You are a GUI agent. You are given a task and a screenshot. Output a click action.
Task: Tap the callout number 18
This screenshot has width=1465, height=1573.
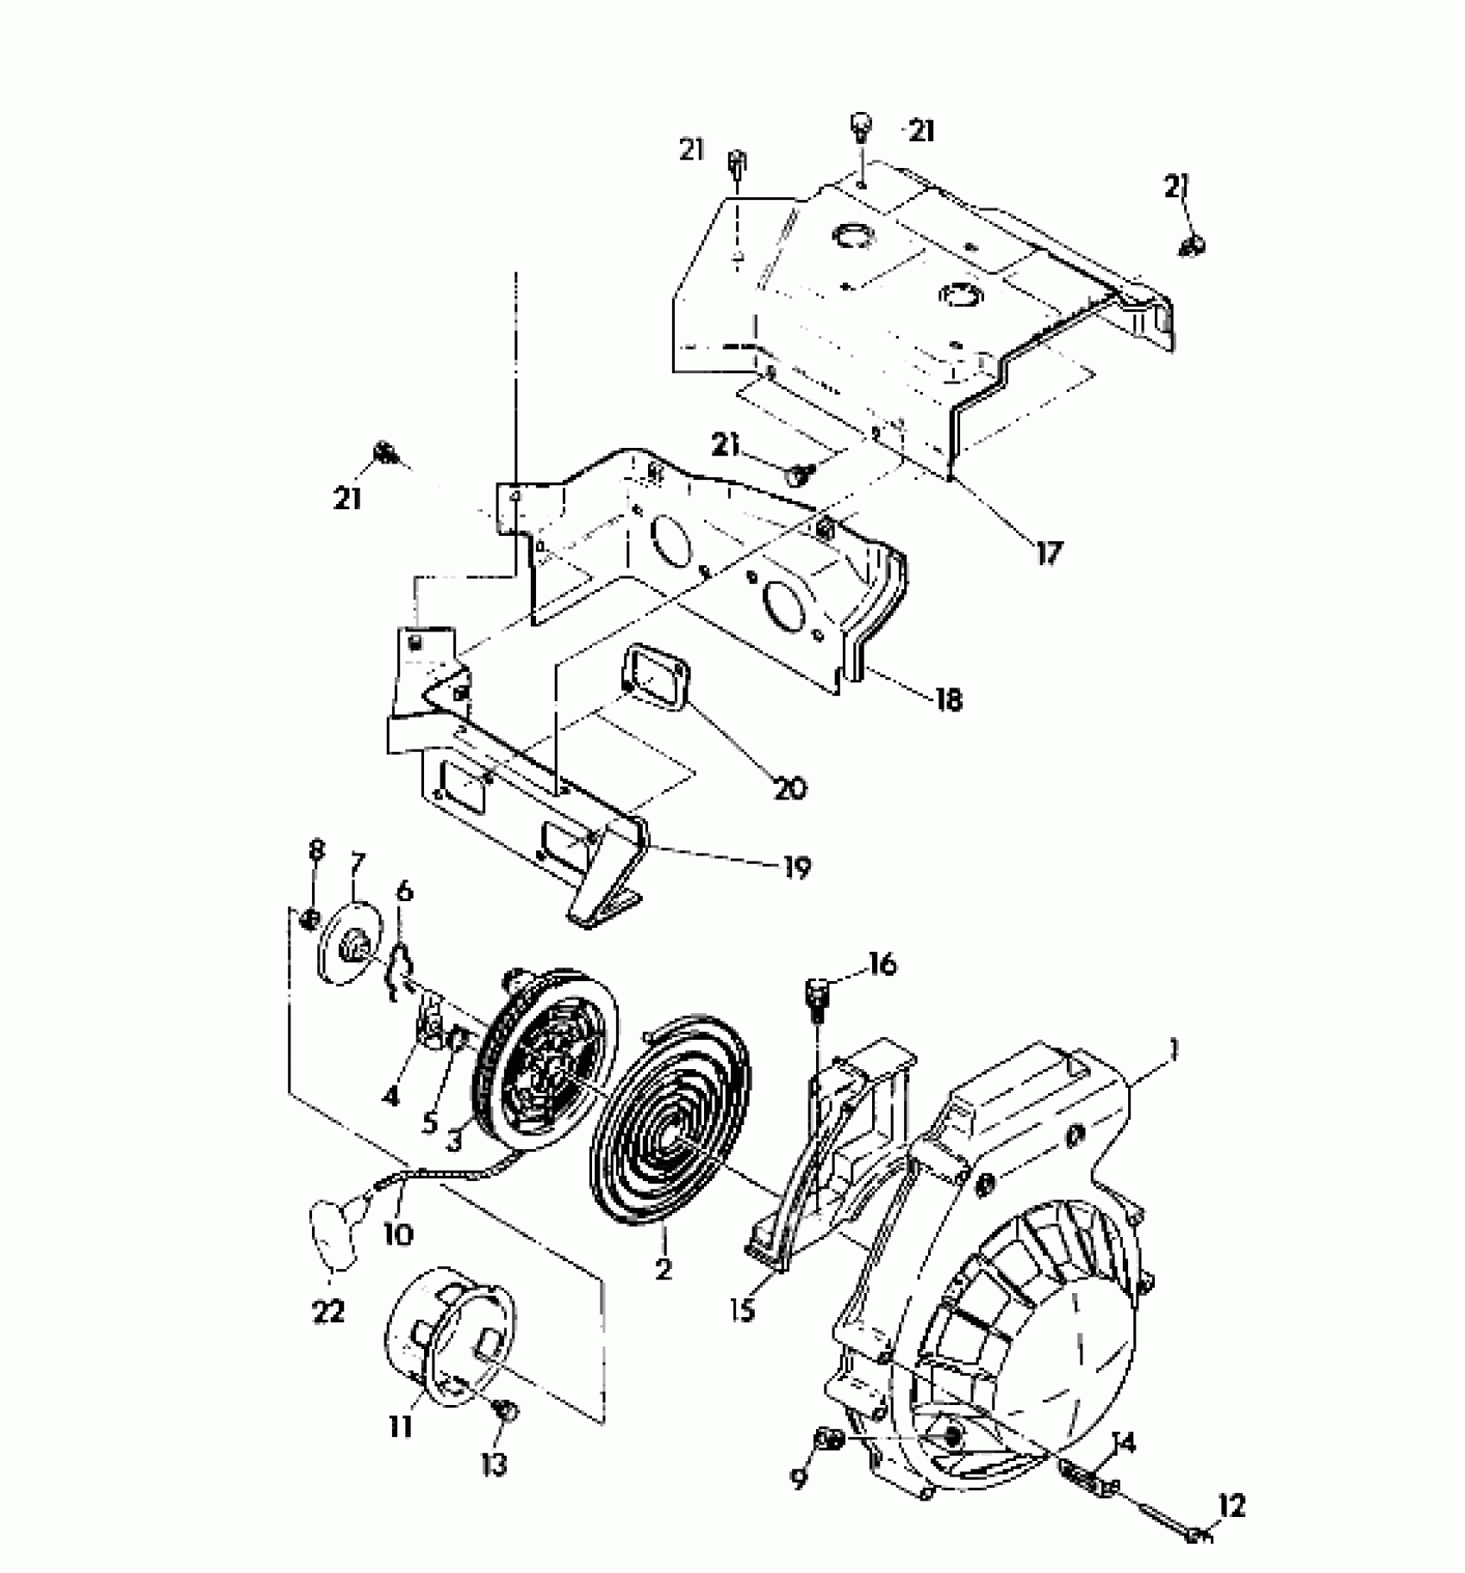coord(948,699)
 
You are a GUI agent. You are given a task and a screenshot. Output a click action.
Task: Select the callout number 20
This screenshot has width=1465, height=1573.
coord(789,786)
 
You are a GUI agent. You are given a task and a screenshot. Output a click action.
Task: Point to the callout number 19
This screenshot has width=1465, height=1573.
coord(798,867)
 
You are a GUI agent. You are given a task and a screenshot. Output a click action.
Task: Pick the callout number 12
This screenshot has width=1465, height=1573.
coord(1232,1507)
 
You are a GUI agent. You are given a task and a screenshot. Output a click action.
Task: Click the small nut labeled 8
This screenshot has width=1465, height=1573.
coord(309,920)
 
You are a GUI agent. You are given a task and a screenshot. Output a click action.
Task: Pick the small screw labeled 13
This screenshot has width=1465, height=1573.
coord(508,1410)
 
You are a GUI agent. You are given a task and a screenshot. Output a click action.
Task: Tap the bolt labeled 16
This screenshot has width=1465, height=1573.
coord(817,997)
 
